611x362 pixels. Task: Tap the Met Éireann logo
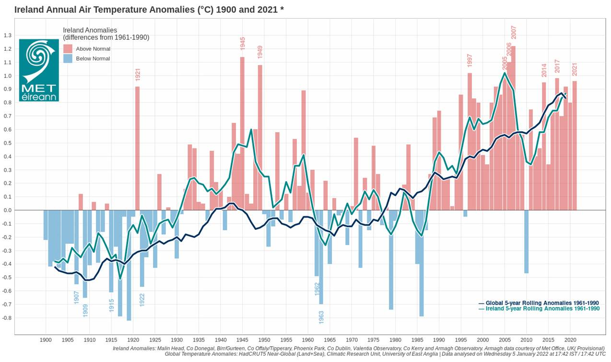coord(39,70)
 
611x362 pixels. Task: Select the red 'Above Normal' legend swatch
coord(68,49)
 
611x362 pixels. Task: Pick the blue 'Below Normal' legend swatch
coord(68,58)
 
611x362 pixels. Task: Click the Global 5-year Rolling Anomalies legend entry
coord(539,303)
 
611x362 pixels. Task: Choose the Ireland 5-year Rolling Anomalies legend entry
coord(539,309)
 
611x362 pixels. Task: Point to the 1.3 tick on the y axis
coord(8,35)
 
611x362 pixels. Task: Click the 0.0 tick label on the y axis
coord(8,210)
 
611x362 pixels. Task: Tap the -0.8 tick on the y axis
coord(7,318)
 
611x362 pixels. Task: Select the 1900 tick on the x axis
coord(46,340)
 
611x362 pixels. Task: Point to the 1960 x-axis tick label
coord(308,340)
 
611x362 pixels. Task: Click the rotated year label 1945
coord(242,43)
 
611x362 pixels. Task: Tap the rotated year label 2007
coord(514,32)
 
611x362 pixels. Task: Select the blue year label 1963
coord(321,317)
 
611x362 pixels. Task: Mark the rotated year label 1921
coord(138,75)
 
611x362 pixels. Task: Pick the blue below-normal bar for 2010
coord(526,241)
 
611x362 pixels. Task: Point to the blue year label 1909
coord(85,310)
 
